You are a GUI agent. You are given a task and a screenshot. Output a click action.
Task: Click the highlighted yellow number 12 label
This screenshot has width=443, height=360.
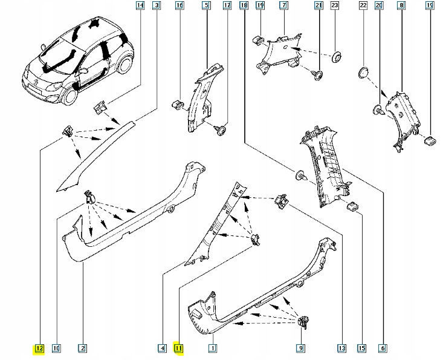[x=39, y=348]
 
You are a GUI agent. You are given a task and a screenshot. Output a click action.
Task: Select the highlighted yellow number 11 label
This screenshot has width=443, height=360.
[x=179, y=348]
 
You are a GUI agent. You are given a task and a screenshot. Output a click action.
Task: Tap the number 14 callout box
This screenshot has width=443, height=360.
[x=140, y=6]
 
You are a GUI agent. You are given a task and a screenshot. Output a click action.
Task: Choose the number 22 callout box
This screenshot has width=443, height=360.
[x=364, y=6]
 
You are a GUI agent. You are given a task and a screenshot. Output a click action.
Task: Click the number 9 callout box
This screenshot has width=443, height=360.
[x=300, y=348]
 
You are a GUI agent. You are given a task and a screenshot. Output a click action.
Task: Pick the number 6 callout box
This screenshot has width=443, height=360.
[x=383, y=348]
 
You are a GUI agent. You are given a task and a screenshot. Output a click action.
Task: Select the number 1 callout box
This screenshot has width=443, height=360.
[x=212, y=348]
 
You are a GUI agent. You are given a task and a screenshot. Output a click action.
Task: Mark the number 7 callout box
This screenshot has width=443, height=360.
[x=282, y=6]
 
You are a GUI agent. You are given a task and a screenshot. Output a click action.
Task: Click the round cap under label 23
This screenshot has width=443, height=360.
[x=336, y=57]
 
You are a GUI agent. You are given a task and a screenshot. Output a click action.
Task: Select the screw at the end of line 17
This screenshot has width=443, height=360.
[x=222, y=128]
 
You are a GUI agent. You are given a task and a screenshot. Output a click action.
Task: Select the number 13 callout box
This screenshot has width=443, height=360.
[x=341, y=348]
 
